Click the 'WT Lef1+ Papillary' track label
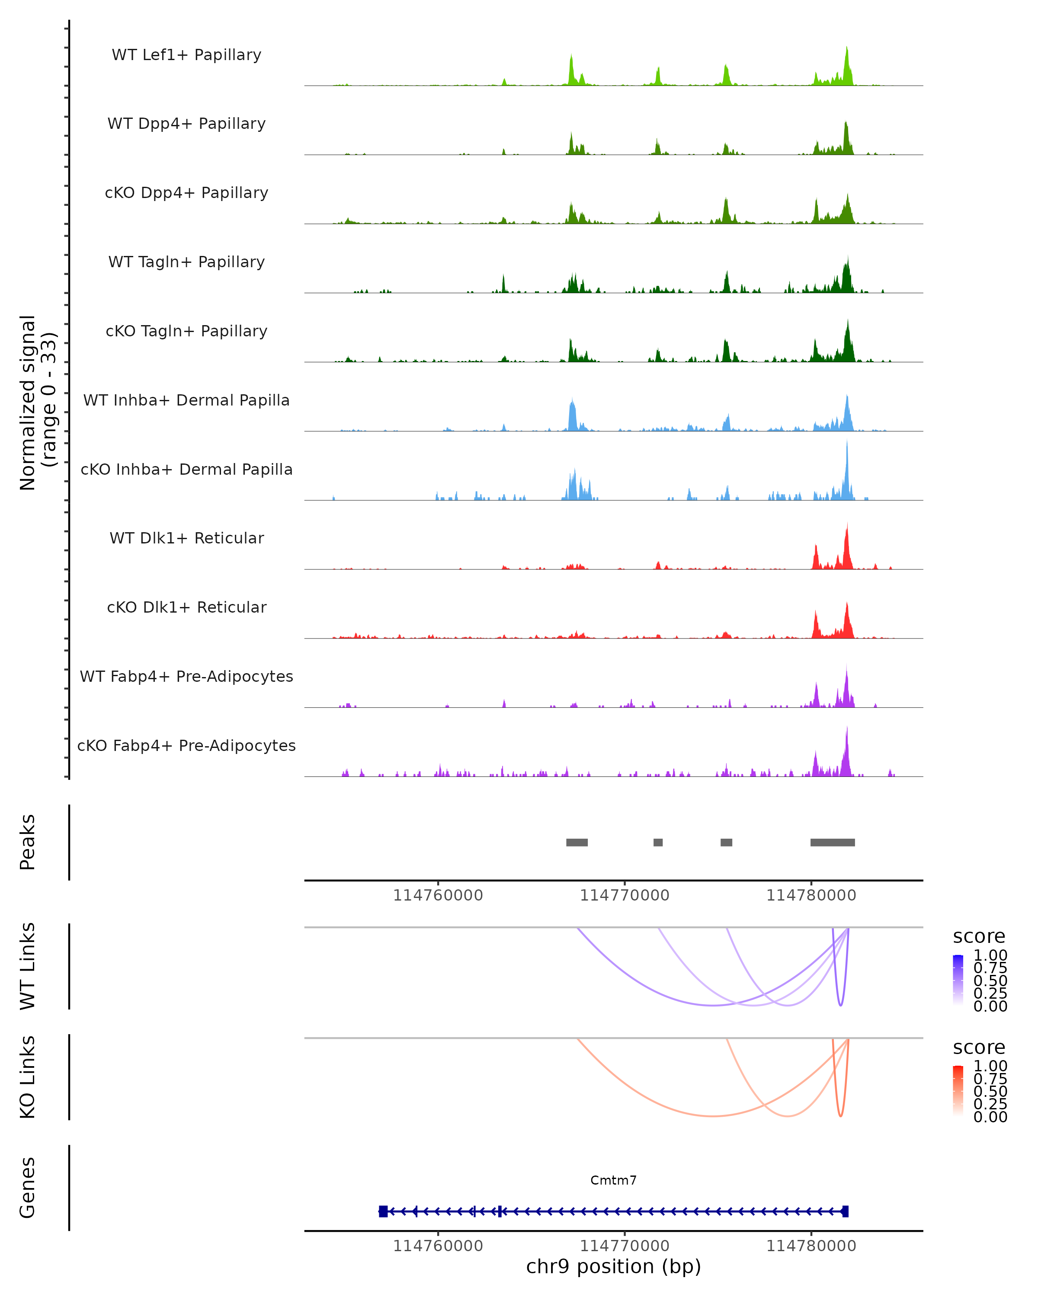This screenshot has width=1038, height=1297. click(x=186, y=55)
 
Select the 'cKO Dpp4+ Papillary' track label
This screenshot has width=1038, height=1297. click(x=186, y=193)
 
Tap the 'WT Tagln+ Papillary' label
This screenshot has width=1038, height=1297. click(x=186, y=262)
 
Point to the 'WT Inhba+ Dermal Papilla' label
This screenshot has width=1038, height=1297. click(x=186, y=401)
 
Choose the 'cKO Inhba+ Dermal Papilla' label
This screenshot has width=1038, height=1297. click(x=186, y=470)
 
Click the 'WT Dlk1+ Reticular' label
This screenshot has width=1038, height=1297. click(x=186, y=538)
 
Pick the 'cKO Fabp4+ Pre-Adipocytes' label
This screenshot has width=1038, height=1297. click(x=186, y=746)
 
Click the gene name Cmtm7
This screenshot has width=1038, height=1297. click(x=613, y=1180)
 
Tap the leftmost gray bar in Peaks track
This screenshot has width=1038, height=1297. click(x=577, y=842)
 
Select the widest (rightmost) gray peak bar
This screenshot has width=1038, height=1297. click(x=832, y=842)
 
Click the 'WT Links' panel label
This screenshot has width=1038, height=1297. click(x=28, y=966)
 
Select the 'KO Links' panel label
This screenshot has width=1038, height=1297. click(x=28, y=1077)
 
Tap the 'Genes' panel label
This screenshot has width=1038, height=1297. click(x=28, y=1188)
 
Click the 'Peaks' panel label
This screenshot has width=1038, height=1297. click(x=28, y=842)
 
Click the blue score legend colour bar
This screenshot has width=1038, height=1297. click(x=958, y=979)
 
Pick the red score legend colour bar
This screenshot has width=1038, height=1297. click(x=958, y=1090)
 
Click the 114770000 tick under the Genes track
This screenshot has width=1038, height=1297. click(x=625, y=1246)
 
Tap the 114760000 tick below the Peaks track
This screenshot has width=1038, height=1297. click(x=438, y=896)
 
